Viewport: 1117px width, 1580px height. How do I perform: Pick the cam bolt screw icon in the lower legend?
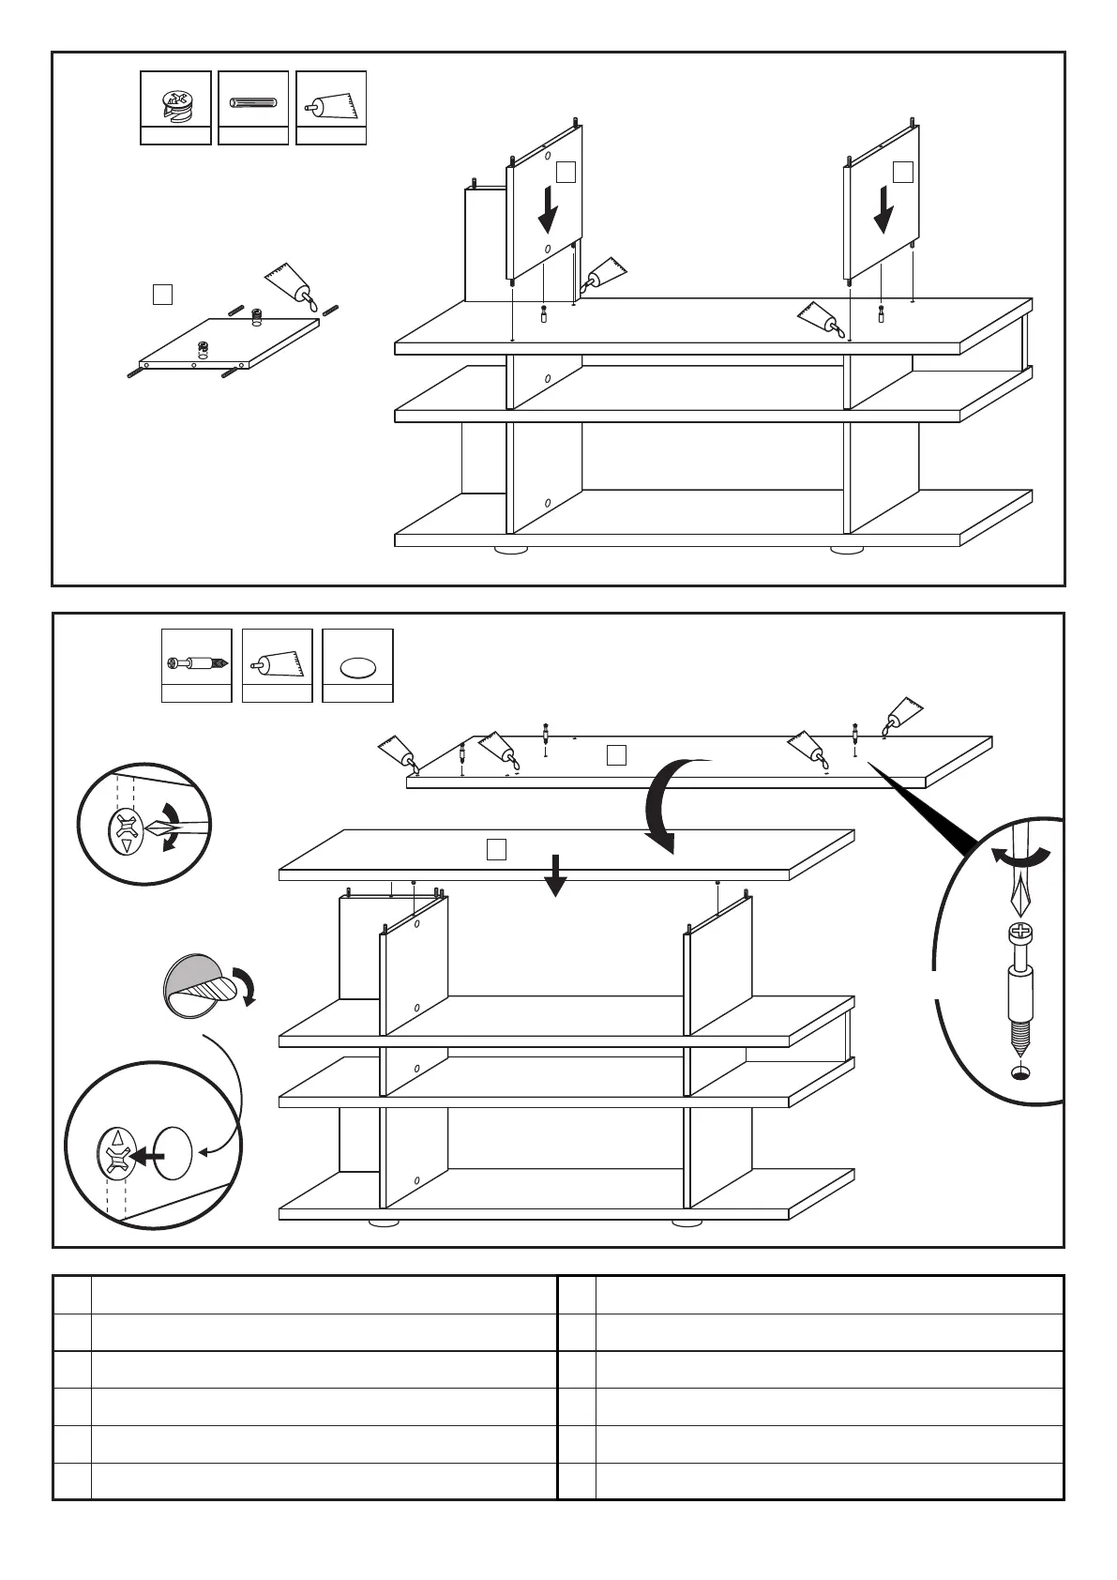(196, 663)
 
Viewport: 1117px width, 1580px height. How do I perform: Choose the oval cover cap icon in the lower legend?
(357, 667)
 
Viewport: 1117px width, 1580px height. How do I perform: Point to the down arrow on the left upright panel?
(548, 211)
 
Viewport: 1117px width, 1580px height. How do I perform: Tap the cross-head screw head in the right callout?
(1018, 934)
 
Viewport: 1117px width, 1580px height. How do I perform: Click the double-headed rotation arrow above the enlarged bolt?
(1021, 856)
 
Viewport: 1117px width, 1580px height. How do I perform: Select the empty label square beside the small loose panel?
(162, 295)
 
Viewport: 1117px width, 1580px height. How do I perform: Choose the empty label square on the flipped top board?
(616, 754)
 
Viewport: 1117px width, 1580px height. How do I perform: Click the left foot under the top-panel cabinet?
(510, 550)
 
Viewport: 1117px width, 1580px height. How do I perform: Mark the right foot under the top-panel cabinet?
(847, 550)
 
